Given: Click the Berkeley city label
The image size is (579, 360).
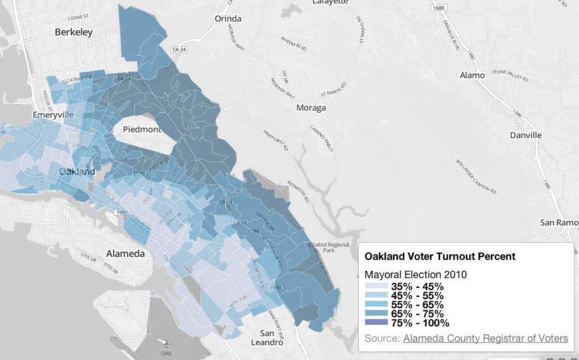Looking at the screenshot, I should point(73,32).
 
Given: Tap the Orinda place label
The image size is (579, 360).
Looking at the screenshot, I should point(228,19).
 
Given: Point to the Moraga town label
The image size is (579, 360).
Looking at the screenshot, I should point(311,107).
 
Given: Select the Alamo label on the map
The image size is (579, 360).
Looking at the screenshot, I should point(472,75).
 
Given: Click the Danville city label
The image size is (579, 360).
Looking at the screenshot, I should point(526,135).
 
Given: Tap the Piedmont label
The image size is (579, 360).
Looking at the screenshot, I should point(142,130).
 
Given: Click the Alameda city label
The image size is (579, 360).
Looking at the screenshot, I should point(126,254).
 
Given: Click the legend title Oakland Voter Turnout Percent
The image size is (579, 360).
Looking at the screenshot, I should point(440,256).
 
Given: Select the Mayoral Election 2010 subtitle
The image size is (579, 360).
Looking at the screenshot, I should point(416,275).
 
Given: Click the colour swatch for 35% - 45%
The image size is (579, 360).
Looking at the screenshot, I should point(376,287).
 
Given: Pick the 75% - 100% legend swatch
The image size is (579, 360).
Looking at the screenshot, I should point(376,323).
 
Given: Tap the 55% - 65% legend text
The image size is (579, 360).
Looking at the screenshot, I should point(417,305).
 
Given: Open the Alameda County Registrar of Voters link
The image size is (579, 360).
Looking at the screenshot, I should point(485,338).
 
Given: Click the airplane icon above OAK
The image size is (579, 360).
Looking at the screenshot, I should point(167,344).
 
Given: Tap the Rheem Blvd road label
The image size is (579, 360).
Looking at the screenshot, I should point(293,44).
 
